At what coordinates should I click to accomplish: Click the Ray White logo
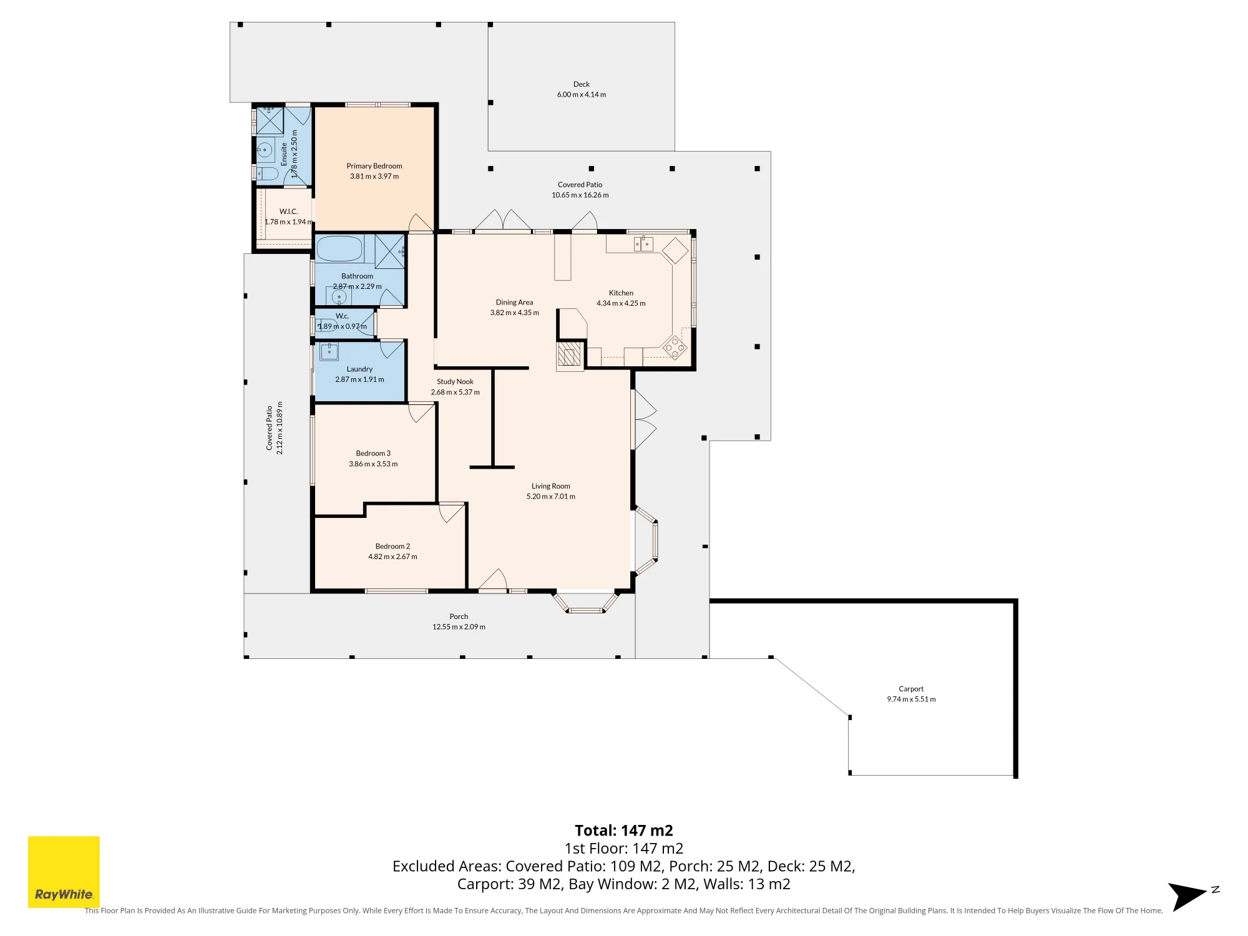point(64,872)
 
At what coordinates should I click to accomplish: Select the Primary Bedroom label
point(374,166)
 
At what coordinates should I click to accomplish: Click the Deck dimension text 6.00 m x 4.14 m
point(582,95)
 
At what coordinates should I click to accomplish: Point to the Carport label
point(911,689)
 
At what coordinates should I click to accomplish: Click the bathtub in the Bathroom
point(339,248)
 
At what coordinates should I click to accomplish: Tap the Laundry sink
point(329,351)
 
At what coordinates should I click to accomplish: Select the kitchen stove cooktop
point(674,348)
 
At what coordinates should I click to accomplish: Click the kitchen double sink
point(643,244)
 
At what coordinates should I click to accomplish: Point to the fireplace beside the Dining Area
point(570,356)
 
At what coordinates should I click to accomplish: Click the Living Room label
point(551,486)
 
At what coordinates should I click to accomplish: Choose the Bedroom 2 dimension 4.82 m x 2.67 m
point(392,557)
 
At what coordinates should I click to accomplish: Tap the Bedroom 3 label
point(373,454)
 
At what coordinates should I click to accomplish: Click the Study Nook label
point(455,382)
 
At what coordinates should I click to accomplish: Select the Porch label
point(459,617)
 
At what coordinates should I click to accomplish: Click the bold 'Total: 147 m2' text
point(624,831)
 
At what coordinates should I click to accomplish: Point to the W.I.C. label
point(288,212)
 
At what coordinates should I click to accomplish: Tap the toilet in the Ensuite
point(267,173)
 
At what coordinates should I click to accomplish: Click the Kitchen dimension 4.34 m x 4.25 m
point(621,303)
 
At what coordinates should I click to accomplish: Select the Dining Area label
point(514,303)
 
